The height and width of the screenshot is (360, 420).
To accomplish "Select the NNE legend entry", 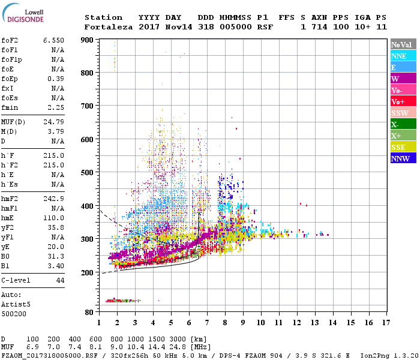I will click(x=403, y=56).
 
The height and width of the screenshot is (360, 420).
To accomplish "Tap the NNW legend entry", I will click(x=403, y=158).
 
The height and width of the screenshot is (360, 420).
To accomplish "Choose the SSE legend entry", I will click(x=403, y=147).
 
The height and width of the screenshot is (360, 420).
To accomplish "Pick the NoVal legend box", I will click(x=403, y=44).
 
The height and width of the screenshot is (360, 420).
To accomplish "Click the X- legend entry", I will click(x=403, y=124).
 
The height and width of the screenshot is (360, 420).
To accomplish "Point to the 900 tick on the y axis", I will click(x=88, y=40).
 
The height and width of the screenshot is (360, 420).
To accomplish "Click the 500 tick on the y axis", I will click(x=88, y=173).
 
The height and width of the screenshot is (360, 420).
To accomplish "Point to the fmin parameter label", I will click(x=10, y=108).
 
